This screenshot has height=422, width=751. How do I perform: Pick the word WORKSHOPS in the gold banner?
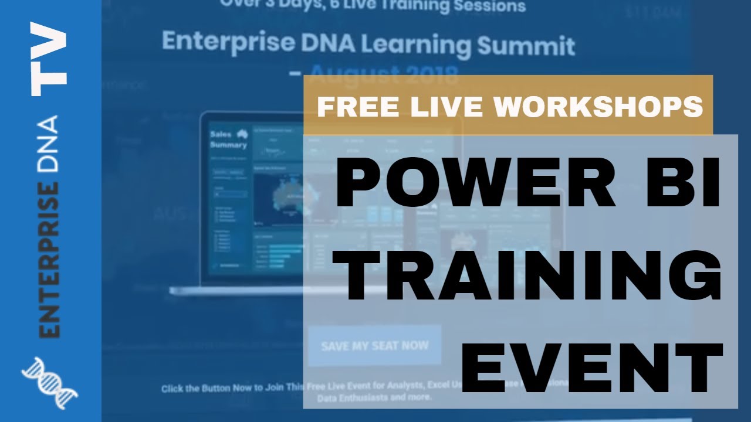[598, 107]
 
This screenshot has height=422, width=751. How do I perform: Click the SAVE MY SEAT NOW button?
[374, 345]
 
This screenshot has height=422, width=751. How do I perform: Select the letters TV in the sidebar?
[48, 59]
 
